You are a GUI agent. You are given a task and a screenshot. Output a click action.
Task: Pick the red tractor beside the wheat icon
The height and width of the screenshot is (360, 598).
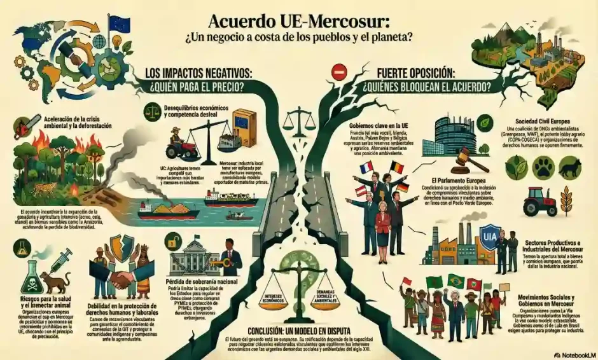(x=540, y=201)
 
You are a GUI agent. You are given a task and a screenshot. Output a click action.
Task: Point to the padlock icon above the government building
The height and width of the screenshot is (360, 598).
(x=170, y=242)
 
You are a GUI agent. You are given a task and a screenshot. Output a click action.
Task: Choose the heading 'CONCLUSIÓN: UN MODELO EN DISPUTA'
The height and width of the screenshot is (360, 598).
(x=298, y=331)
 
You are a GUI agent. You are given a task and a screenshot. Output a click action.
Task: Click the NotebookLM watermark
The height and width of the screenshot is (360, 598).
(x=570, y=354)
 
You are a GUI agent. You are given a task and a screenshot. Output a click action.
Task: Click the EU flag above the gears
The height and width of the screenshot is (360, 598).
(x=118, y=25)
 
